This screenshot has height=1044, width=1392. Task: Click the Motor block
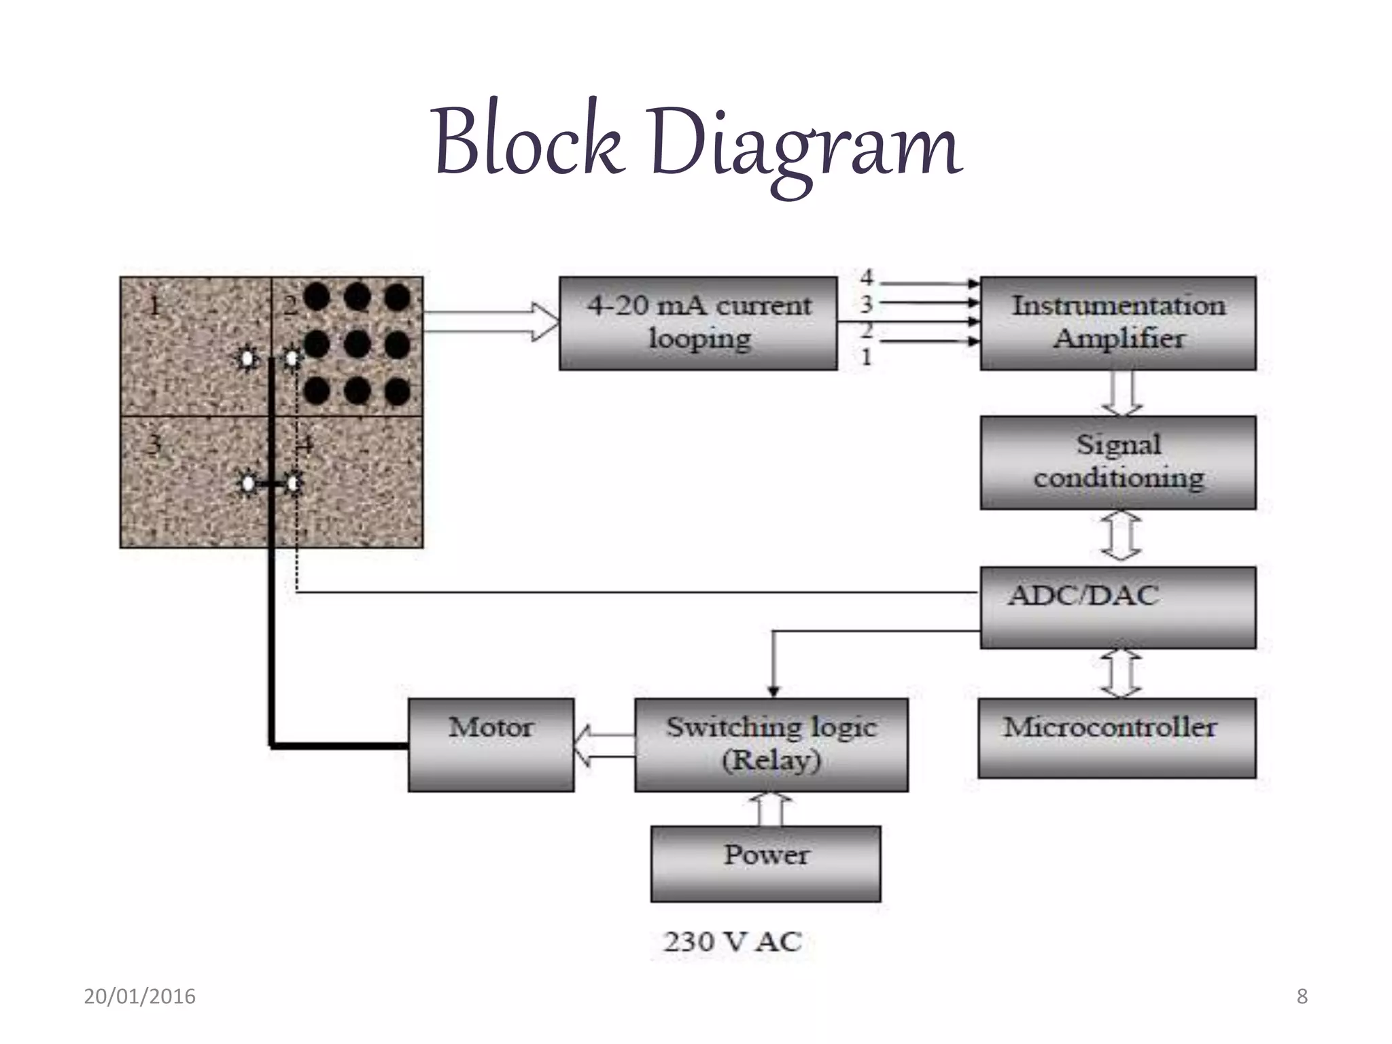tap(491, 744)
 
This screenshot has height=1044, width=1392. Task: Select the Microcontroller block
tap(1117, 737)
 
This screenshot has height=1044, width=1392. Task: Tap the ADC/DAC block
tap(1117, 607)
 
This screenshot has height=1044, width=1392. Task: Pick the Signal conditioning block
tap(1117, 462)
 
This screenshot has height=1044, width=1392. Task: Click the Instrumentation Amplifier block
tap(1117, 323)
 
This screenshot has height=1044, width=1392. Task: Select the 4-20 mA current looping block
tap(698, 323)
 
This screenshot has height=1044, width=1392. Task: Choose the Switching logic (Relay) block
tap(771, 744)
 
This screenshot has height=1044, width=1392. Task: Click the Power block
tap(765, 863)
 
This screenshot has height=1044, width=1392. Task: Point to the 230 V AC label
tap(732, 941)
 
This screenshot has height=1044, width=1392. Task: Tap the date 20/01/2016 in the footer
tap(139, 996)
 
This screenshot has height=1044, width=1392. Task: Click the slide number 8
tap(1302, 996)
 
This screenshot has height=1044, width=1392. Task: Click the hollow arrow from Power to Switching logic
tap(770, 809)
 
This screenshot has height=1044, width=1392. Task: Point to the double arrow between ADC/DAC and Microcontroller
tap(1120, 673)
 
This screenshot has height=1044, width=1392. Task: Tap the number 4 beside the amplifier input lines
tap(866, 277)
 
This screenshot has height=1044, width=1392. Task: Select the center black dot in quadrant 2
tap(357, 345)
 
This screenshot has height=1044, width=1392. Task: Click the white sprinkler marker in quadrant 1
tap(247, 358)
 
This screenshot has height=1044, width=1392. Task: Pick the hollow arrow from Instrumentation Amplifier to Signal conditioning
tap(1121, 393)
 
